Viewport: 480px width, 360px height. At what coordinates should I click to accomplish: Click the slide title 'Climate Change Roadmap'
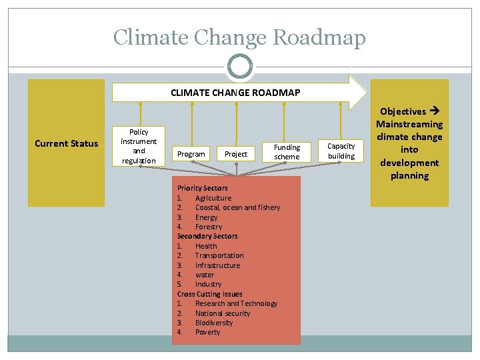(x=239, y=37)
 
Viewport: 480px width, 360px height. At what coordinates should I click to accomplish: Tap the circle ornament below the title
(x=239, y=67)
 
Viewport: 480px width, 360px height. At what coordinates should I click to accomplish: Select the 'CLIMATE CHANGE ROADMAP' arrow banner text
(x=235, y=93)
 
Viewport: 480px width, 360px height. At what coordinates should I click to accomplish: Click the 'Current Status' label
(x=66, y=143)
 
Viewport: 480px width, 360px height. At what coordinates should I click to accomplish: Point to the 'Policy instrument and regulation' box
(x=139, y=147)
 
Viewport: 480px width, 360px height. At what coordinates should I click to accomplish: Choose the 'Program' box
(x=191, y=154)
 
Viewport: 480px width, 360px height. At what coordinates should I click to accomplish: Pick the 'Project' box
(x=235, y=154)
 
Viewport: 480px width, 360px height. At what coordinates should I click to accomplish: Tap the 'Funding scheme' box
(x=287, y=152)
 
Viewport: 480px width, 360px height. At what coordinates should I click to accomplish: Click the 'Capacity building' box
(x=341, y=151)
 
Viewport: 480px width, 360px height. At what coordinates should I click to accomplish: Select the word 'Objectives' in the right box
(x=403, y=111)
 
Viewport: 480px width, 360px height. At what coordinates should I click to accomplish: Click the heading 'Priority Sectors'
(x=202, y=189)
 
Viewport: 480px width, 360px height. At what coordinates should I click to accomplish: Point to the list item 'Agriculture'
(x=213, y=198)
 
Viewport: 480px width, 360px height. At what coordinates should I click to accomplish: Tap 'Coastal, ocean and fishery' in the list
(x=237, y=207)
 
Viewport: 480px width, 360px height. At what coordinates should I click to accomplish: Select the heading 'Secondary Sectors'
(x=207, y=236)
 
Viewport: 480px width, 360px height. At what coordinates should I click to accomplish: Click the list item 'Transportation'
(x=219, y=255)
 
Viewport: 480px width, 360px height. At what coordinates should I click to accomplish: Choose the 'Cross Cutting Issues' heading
(x=209, y=294)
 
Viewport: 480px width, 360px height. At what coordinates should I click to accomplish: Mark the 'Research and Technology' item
(x=236, y=303)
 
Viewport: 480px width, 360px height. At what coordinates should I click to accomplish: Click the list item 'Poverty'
(x=207, y=332)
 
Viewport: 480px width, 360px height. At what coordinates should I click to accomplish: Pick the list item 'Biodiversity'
(x=214, y=323)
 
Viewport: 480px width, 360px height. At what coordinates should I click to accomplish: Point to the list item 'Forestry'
(x=209, y=227)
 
